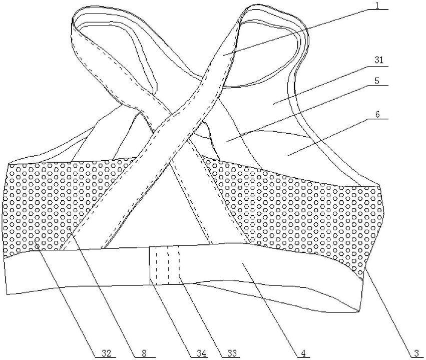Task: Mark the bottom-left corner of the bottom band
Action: [8, 293]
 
